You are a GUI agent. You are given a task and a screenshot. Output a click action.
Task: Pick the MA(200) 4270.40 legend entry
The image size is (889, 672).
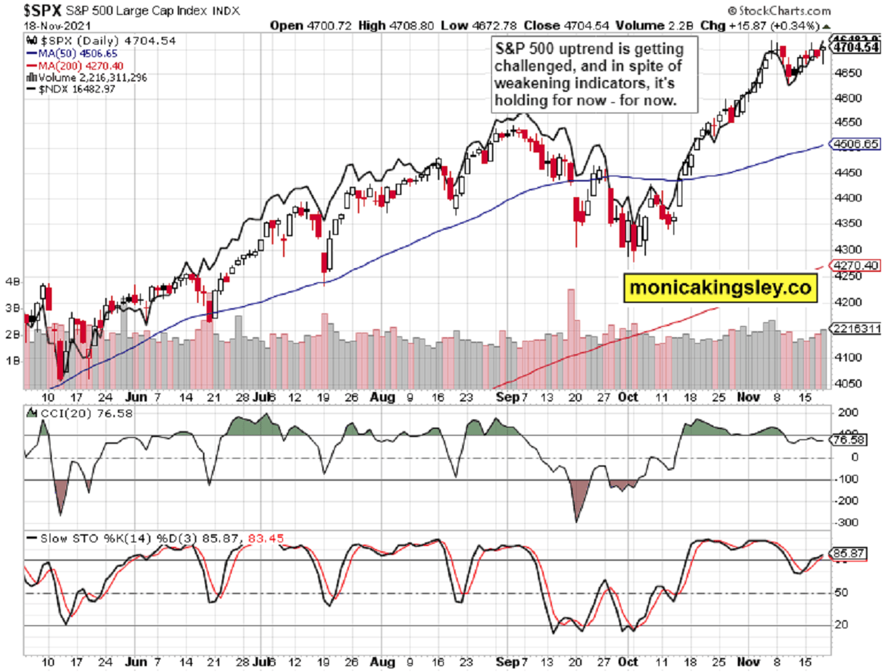[x=71, y=64]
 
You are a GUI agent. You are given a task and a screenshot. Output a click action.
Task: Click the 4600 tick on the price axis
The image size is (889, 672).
[x=845, y=98]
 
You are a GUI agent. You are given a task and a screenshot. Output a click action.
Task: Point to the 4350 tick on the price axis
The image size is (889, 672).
[x=845, y=223]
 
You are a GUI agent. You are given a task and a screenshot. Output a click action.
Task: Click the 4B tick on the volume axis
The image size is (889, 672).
[x=13, y=282]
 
